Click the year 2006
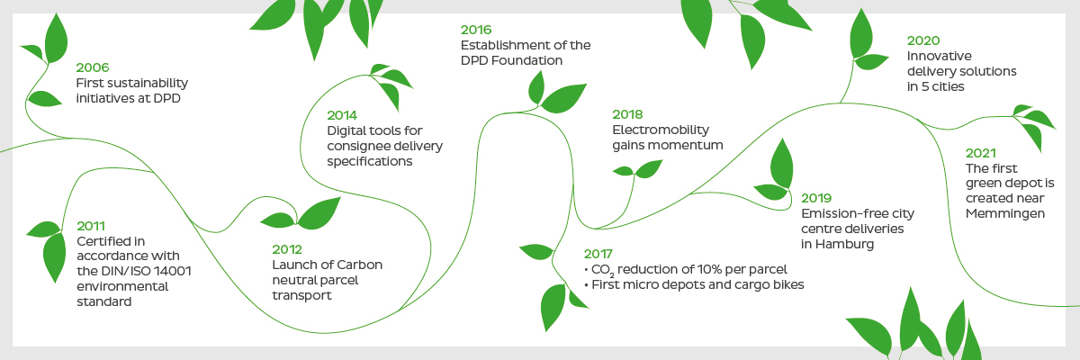(93, 67)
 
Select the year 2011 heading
(91, 226)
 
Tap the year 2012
(287, 249)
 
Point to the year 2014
(342, 116)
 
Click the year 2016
(476, 30)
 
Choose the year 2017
(598, 254)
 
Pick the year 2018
(627, 114)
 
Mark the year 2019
(816, 198)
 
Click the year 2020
(923, 40)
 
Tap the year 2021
(980, 153)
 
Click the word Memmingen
(1004, 213)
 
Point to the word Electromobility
(661, 130)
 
